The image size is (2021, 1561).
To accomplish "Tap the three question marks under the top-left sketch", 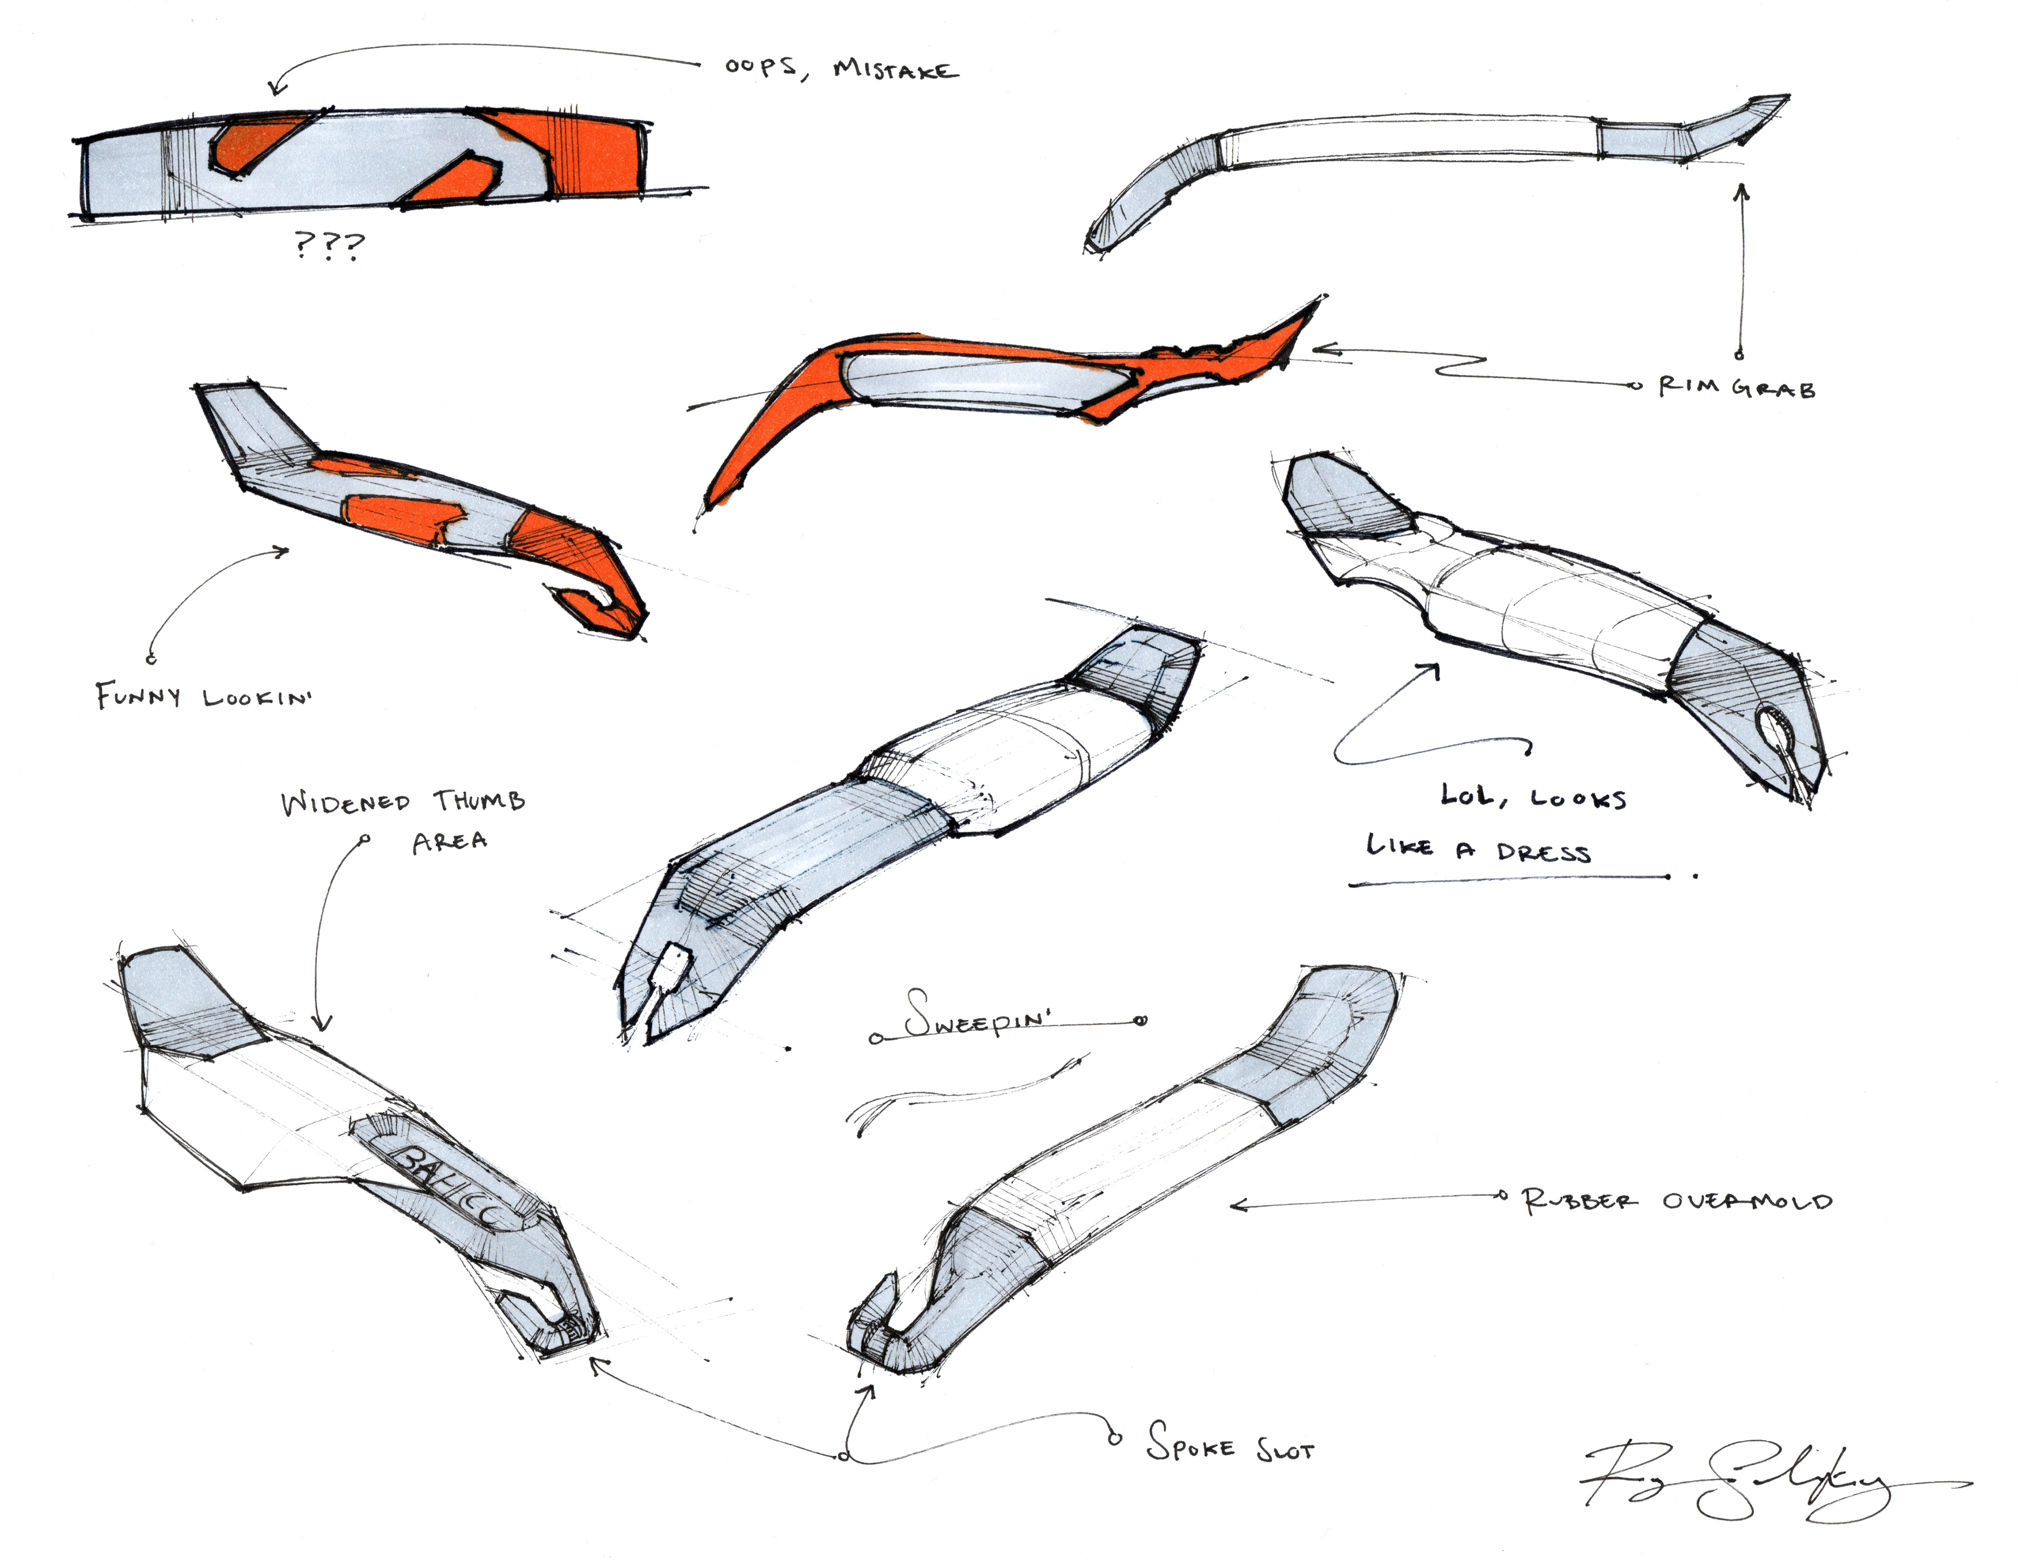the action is point(329,245).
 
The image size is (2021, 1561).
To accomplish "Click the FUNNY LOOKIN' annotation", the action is point(204,696).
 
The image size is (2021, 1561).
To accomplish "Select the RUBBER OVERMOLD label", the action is point(1677,1201).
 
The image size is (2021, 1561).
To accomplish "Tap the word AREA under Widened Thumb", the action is point(450,841).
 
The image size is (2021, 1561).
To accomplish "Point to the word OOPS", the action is point(761,67).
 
